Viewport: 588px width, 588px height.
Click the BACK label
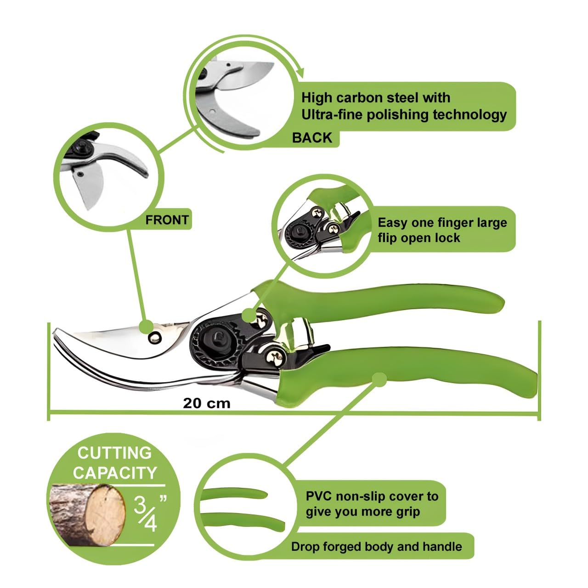[311, 138]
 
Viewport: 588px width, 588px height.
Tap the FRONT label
[167, 220]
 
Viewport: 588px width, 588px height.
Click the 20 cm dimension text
[207, 404]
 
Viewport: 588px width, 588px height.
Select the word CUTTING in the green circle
[114, 453]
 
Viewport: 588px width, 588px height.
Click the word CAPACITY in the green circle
[115, 473]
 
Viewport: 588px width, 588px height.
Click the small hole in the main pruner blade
[154, 338]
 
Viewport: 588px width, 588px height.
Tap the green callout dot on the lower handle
[379, 380]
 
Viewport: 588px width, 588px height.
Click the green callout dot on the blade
[147, 327]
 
